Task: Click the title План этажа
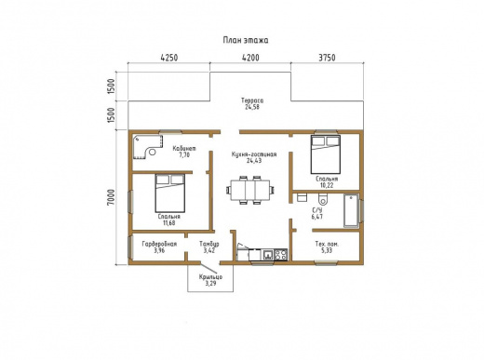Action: (246, 40)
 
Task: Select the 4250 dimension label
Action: (169, 58)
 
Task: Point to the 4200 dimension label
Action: (250, 58)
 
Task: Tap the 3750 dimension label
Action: (327, 58)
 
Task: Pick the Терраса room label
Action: (252, 100)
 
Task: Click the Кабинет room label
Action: (184, 148)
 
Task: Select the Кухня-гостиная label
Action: (254, 154)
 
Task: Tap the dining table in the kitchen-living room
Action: (250, 190)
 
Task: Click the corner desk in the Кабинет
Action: (146, 146)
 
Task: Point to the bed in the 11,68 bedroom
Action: (170, 193)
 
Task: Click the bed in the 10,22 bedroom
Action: (326, 154)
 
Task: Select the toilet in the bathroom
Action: (323, 199)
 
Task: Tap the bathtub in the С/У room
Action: (351, 210)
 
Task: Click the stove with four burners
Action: (281, 255)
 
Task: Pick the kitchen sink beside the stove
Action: (268, 255)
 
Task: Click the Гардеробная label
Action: (159, 244)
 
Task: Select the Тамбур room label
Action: (209, 244)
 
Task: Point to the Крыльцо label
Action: (210, 277)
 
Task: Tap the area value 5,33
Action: (327, 250)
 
